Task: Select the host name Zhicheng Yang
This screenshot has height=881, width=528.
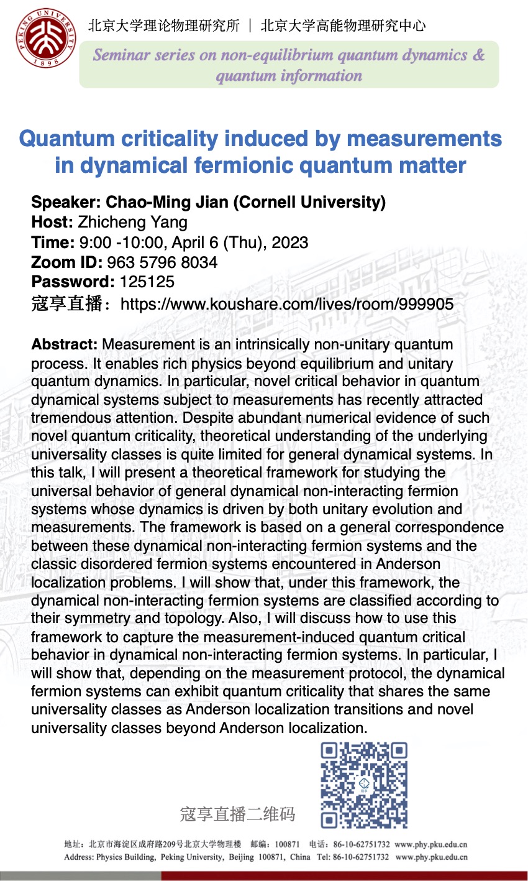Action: point(132,222)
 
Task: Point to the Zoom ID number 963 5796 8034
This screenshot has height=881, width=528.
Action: point(162,262)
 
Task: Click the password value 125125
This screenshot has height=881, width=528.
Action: point(147,282)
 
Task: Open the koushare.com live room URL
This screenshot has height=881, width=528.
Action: point(287,304)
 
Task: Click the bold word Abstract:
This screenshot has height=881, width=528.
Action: point(65,344)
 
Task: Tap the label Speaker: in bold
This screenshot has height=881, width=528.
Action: point(66,202)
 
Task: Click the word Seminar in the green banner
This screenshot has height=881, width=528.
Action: point(122,55)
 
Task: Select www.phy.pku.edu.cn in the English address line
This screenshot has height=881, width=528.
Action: point(431,857)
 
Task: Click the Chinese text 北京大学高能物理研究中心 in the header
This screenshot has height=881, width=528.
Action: point(343,25)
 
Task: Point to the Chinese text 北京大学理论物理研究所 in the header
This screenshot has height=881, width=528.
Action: point(164,25)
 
